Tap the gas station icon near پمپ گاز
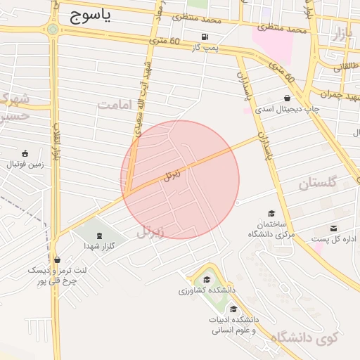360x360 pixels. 205,37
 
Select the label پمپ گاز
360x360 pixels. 206,48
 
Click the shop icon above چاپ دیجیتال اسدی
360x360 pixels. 287,98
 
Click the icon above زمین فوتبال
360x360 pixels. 25,154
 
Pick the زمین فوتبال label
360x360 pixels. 25,165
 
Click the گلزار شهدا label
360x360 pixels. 98,246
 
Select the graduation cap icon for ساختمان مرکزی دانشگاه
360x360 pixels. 271,214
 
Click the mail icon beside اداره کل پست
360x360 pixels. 333,229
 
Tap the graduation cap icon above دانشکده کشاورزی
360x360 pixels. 206,278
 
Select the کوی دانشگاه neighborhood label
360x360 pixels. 304,338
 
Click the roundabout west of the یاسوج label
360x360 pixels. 53,30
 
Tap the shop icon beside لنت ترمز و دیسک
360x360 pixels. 57,259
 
